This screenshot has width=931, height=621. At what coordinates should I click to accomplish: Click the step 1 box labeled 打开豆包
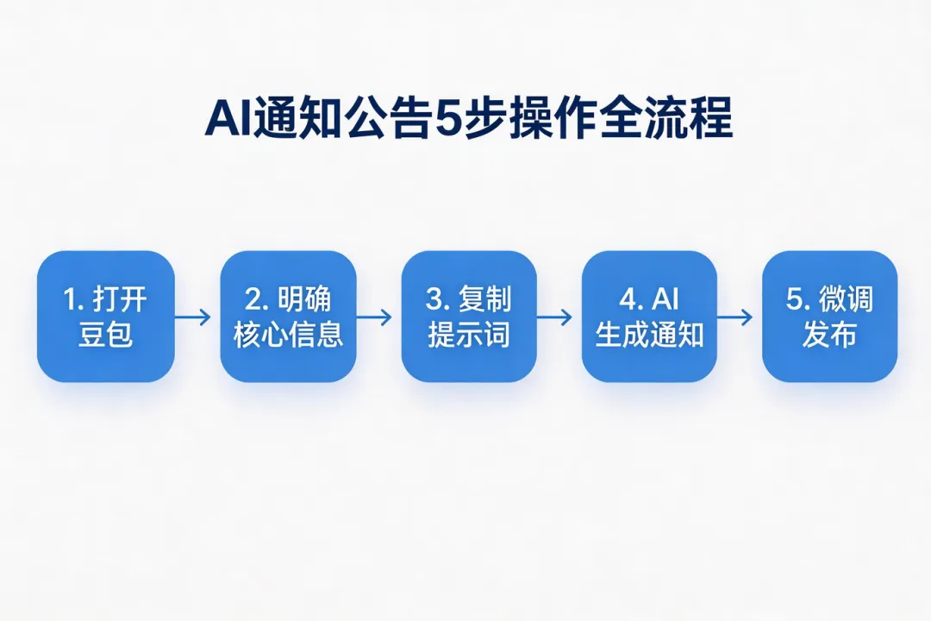click(x=105, y=317)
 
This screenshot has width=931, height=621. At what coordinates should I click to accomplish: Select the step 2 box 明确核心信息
click(x=288, y=317)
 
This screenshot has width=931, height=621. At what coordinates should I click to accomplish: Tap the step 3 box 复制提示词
click(x=469, y=317)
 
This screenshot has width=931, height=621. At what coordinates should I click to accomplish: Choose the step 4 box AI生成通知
click(x=649, y=317)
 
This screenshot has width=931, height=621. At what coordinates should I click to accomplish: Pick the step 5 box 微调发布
click(x=829, y=317)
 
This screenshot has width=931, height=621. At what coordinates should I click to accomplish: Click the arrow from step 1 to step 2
click(x=193, y=317)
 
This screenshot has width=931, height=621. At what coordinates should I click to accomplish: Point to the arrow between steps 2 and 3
click(x=374, y=317)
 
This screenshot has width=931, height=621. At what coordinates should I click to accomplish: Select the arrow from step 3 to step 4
click(x=554, y=317)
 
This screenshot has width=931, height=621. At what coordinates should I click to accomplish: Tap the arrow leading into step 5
click(x=734, y=317)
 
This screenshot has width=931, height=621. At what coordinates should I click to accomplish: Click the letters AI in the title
click(x=226, y=121)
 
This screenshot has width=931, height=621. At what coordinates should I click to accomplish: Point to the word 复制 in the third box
click(x=488, y=300)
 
